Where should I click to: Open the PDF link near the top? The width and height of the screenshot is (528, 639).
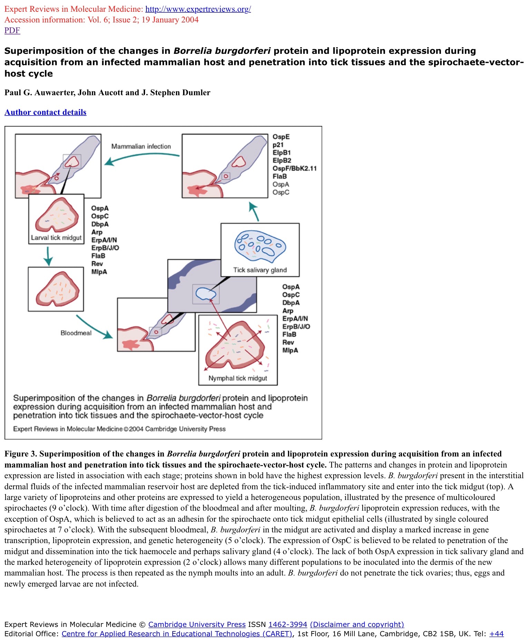(x=12, y=30)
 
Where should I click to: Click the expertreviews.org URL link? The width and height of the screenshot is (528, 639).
(x=198, y=9)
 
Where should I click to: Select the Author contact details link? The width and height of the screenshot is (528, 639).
(x=45, y=112)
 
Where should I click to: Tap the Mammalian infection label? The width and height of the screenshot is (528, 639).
(x=141, y=146)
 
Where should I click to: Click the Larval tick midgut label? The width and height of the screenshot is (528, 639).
(x=56, y=238)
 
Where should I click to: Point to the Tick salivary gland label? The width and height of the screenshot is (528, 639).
(x=260, y=270)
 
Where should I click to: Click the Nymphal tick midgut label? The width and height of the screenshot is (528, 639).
(x=238, y=378)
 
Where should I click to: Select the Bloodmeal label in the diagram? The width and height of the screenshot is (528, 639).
(x=76, y=333)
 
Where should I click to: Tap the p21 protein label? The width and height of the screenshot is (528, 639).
(x=278, y=145)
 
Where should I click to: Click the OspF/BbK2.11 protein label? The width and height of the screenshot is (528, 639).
(x=294, y=168)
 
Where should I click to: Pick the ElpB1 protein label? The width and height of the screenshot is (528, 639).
(x=281, y=153)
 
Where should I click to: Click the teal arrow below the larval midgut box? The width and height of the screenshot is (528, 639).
(x=48, y=256)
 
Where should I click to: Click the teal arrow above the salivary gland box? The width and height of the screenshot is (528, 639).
(x=254, y=211)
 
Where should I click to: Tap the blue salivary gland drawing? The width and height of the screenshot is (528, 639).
(x=260, y=246)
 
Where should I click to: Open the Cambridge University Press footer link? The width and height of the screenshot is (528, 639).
(x=197, y=624)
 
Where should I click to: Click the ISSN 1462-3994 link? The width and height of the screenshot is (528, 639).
(x=288, y=624)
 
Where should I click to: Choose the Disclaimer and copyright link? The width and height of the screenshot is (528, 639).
(x=357, y=624)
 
